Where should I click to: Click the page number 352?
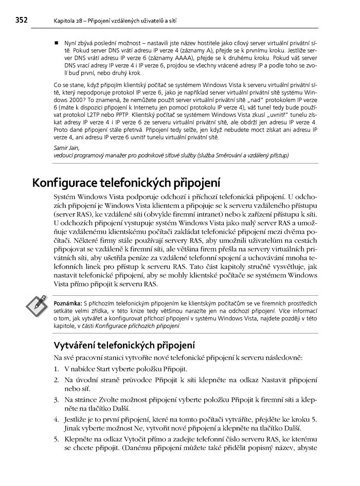pyautogui.click(x=21, y=21)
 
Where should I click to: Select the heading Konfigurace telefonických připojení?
pyautogui.click(x=126, y=183)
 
